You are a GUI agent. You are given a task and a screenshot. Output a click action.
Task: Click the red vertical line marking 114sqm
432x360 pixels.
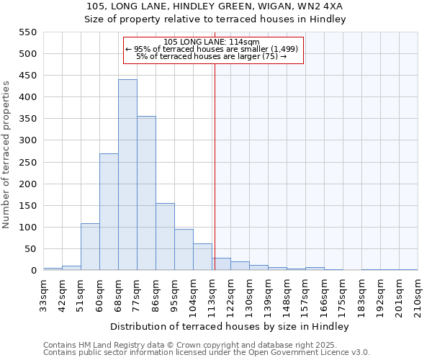(x=214, y=166)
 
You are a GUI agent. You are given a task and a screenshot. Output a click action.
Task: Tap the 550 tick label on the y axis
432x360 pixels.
(x=27, y=32)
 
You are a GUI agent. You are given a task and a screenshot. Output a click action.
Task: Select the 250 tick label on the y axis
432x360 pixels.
(x=27, y=163)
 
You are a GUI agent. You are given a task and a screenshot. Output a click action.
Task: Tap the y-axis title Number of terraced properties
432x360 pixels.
(x=7, y=155)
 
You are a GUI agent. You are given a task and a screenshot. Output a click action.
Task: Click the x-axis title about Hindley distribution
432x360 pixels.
(x=230, y=327)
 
